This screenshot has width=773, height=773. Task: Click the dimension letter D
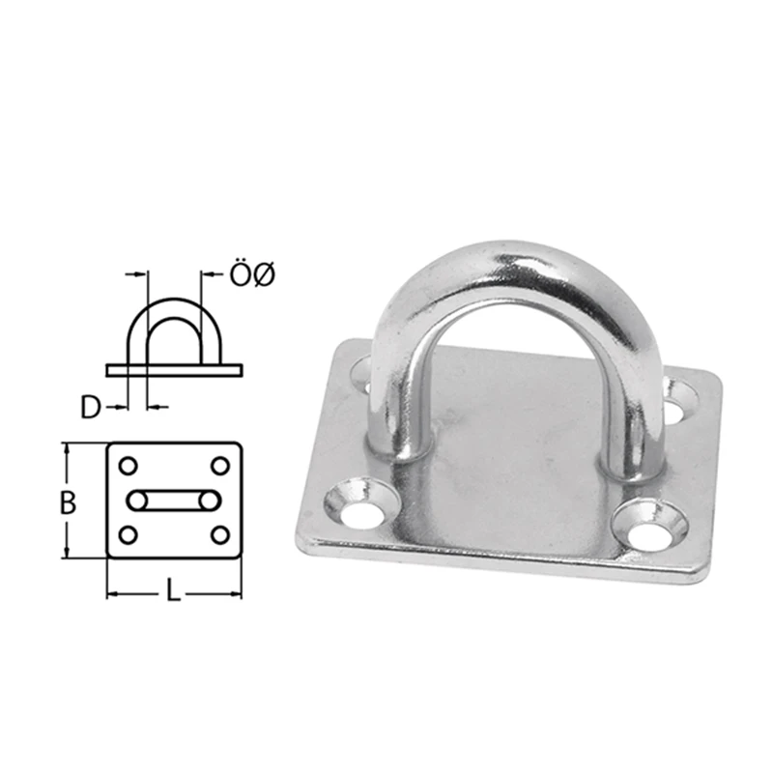[91, 408]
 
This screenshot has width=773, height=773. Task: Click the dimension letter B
[68, 503]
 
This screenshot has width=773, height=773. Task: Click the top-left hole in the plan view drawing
[129, 466]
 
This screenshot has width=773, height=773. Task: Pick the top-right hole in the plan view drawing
[220, 466]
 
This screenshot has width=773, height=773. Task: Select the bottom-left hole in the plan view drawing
[129, 535]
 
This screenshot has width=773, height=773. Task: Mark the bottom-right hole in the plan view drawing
[220, 535]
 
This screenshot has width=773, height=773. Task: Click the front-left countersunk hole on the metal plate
[360, 504]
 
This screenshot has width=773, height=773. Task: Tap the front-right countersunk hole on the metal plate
[649, 527]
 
